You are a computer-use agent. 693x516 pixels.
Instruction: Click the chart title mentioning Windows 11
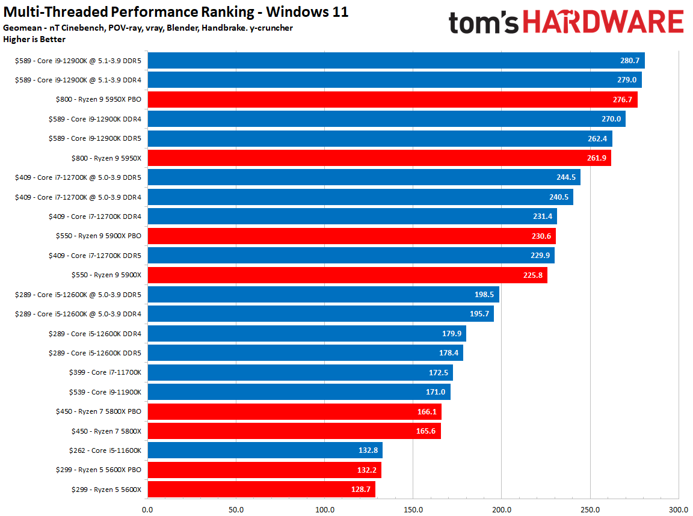(x=176, y=11)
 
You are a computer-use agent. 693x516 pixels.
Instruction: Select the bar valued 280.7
(x=396, y=61)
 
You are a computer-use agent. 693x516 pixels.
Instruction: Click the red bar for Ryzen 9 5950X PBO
(x=392, y=99)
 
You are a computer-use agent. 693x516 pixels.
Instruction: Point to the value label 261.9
(x=597, y=158)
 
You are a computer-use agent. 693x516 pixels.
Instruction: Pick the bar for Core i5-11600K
(x=265, y=450)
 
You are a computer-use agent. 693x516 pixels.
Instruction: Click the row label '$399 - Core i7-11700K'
(x=105, y=372)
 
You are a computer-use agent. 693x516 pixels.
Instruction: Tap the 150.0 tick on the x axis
(x=413, y=509)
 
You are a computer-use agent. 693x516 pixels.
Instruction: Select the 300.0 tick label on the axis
(x=679, y=509)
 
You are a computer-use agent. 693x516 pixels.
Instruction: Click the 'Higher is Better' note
(x=34, y=39)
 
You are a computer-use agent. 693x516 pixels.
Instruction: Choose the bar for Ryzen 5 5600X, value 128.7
(x=262, y=489)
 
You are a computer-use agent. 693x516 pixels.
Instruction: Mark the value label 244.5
(x=566, y=177)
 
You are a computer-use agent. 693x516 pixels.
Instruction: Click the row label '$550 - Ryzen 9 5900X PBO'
(x=99, y=236)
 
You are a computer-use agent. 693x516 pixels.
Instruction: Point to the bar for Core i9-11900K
(x=299, y=392)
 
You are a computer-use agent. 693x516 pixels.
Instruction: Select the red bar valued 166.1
(x=295, y=411)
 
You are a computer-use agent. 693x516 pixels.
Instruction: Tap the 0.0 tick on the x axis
(x=147, y=509)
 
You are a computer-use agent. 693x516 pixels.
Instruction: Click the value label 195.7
(x=479, y=314)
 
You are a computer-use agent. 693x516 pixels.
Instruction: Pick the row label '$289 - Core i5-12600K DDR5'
(x=95, y=353)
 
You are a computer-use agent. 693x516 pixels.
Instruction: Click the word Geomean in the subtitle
(x=22, y=28)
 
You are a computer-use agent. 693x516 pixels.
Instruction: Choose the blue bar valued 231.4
(x=353, y=217)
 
